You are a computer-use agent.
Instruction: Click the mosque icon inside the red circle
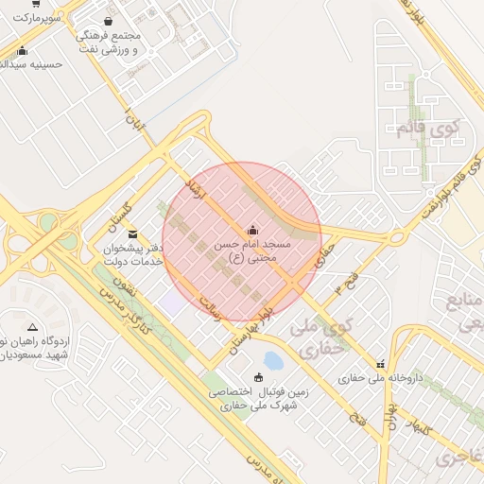click(x=252, y=230)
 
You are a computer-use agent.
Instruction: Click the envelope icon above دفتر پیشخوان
click(x=131, y=233)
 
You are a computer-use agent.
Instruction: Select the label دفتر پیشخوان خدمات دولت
click(x=134, y=253)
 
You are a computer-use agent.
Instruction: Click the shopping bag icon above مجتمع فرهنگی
click(x=108, y=21)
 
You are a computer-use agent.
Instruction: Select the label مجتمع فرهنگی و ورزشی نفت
click(x=107, y=42)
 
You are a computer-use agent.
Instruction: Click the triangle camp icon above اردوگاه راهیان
click(x=33, y=325)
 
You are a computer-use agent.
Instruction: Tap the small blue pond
click(x=273, y=360)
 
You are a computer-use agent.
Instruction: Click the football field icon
click(x=258, y=377)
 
